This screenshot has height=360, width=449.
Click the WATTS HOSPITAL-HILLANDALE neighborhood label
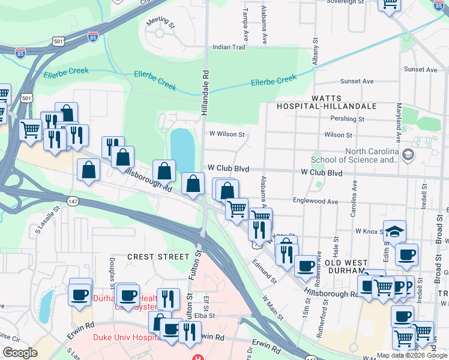[x=326, y=102]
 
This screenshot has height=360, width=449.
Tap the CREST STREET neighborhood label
[x=158, y=256]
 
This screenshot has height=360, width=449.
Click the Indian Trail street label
[x=229, y=47]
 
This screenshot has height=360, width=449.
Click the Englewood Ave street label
[x=315, y=202]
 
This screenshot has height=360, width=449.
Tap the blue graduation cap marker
[x=395, y=231]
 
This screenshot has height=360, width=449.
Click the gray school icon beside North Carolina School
[x=409, y=155]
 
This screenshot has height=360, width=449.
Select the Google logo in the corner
[x=19, y=353]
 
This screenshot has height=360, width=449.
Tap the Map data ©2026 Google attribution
[x=412, y=355]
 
